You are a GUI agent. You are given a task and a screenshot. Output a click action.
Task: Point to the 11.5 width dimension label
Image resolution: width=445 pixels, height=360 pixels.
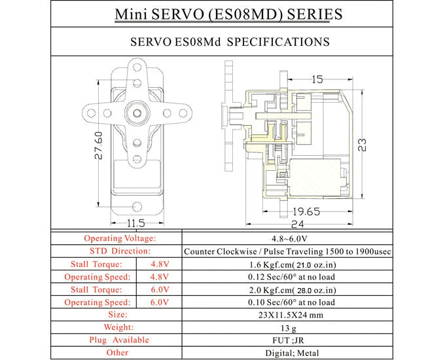pos(135,224)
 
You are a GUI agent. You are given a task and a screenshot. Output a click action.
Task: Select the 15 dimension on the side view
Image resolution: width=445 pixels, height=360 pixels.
pos(317,79)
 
